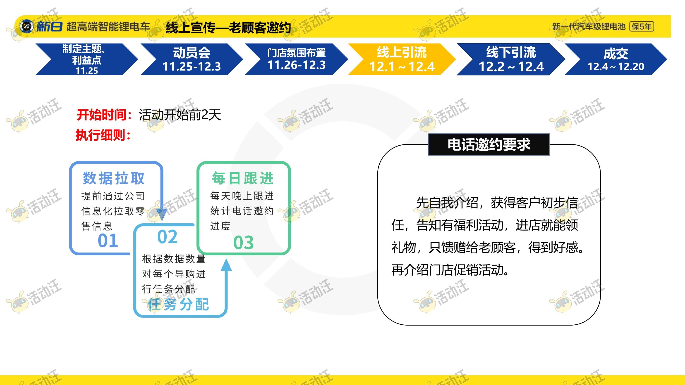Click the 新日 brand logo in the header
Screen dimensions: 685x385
coord(41,26)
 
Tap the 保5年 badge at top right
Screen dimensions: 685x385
coord(641,26)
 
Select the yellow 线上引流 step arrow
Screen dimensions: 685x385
coord(402,59)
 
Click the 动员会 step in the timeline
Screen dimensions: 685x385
coord(192,59)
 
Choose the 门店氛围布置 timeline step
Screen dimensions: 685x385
coord(296,59)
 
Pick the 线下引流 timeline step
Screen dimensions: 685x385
coord(510,59)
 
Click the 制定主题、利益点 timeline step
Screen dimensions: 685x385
coord(87,59)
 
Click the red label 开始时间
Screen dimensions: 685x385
coord(104,115)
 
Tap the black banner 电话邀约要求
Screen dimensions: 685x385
coord(489,144)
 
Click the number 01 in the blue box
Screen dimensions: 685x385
coord(108,241)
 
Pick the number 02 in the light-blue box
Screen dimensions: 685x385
coord(167,236)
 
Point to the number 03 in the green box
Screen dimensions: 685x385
coord(243,242)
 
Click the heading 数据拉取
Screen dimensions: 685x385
coord(114,178)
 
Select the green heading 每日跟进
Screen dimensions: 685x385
coord(242,178)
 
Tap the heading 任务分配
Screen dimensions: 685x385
coord(178,304)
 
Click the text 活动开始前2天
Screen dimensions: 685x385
coord(180,115)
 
